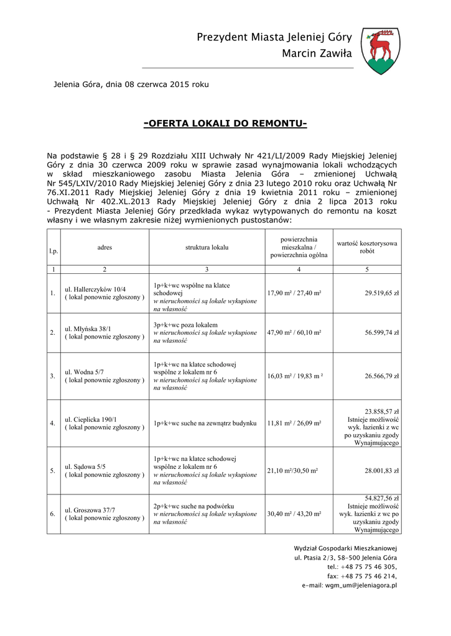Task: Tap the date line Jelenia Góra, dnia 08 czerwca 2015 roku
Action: [x=131, y=84]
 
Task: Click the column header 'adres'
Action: [x=105, y=247]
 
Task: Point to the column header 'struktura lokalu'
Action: [x=207, y=247]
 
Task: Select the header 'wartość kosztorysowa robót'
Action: [x=366, y=247]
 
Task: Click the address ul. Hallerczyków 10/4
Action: [x=95, y=289]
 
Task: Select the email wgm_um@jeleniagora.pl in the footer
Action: [x=357, y=586]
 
